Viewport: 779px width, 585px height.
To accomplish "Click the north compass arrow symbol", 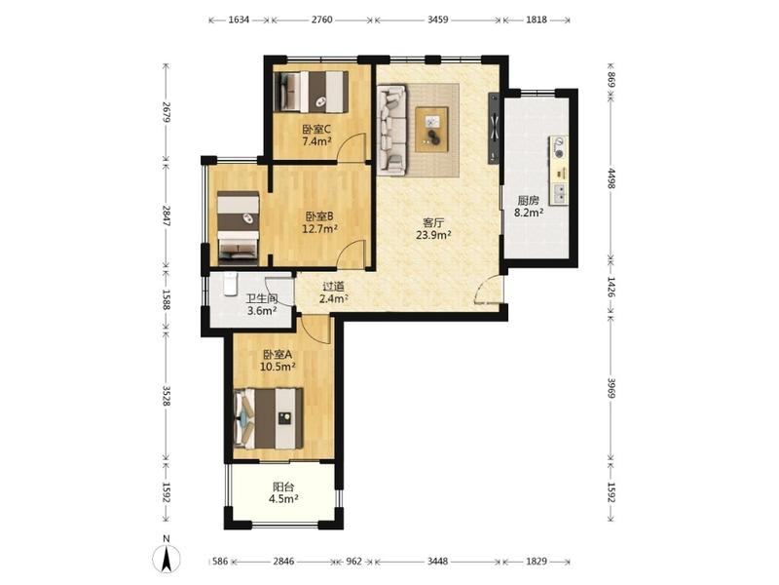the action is point(167,558).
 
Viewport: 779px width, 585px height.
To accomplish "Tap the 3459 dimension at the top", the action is point(437,19).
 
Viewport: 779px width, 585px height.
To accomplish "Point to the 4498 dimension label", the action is point(612,178).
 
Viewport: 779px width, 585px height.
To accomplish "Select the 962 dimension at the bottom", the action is point(354,562).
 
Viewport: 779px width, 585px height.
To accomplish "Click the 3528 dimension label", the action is point(167,396).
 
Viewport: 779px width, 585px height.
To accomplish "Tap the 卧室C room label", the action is point(317,130).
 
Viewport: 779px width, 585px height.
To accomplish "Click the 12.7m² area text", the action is point(320,229).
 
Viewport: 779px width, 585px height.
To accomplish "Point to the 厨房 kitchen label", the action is point(528,201).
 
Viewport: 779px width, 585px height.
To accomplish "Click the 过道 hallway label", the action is point(333,287).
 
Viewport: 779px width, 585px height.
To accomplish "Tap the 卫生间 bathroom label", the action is point(262,299).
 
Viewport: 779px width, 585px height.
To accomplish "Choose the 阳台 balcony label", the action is point(283,487).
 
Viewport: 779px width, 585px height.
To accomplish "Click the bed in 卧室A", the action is point(269,418).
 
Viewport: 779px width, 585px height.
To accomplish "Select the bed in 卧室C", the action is point(311,92).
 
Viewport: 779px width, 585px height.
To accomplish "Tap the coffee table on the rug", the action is point(431,130).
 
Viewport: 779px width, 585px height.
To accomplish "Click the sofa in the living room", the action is point(392,130).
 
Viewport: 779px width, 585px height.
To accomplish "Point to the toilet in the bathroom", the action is point(230,284).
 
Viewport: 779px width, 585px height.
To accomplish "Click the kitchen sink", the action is point(559,193).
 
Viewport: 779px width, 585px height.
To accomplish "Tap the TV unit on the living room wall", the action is point(494,128).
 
